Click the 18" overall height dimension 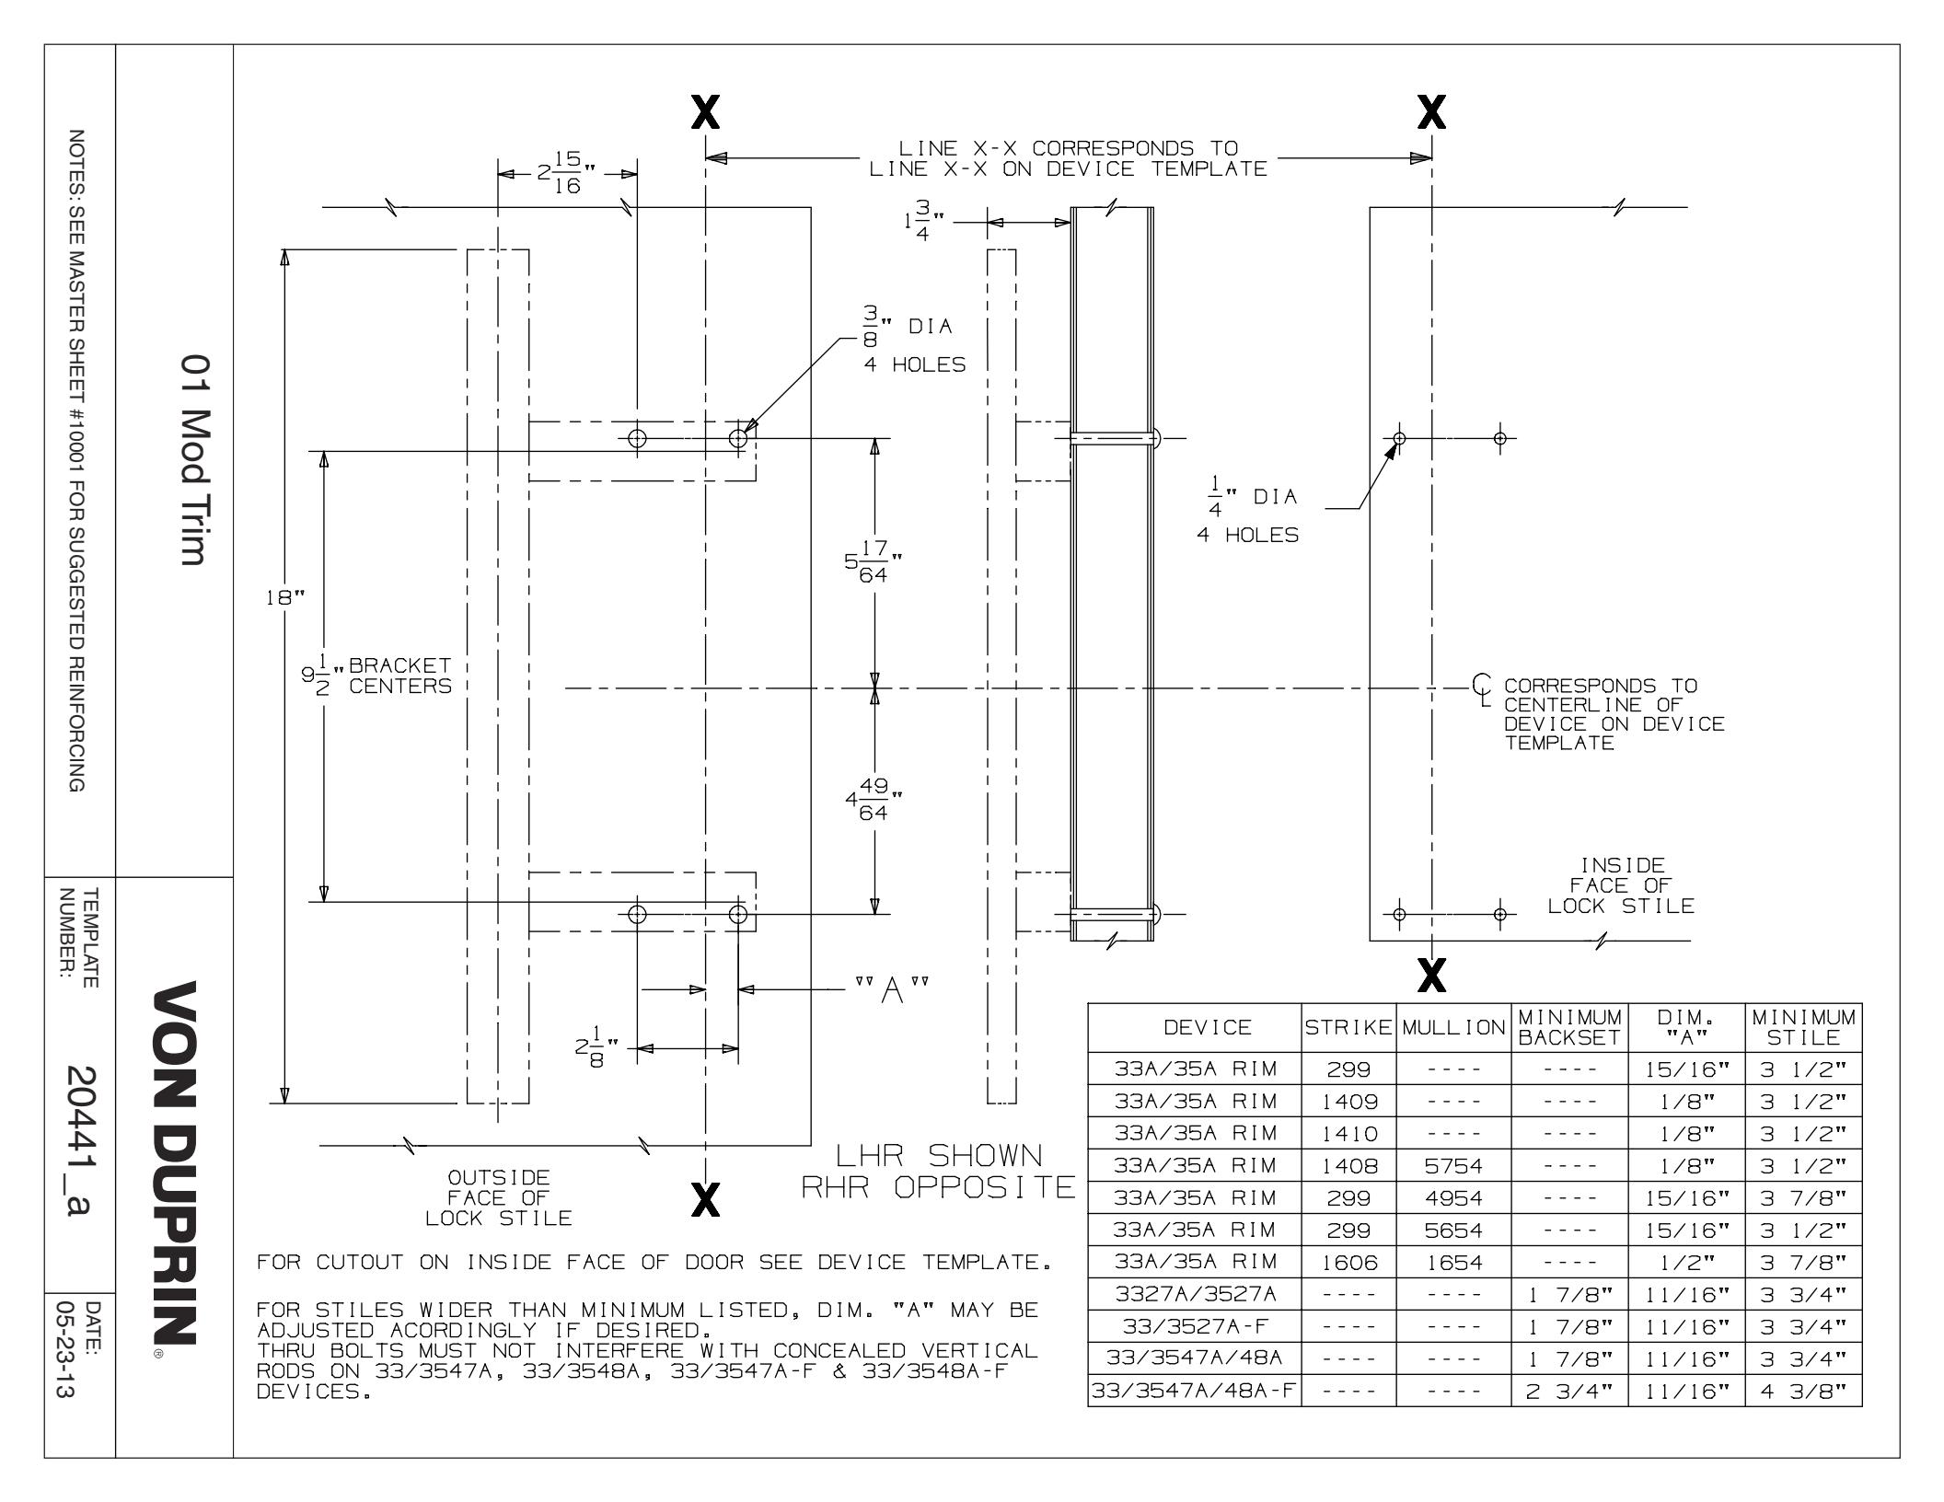pos(284,598)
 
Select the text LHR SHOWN pos(938,1157)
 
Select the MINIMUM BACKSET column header pos(1569,1027)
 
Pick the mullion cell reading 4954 pos(1453,1198)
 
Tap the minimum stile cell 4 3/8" pos(1803,1391)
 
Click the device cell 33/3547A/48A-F pos(1195,1391)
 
